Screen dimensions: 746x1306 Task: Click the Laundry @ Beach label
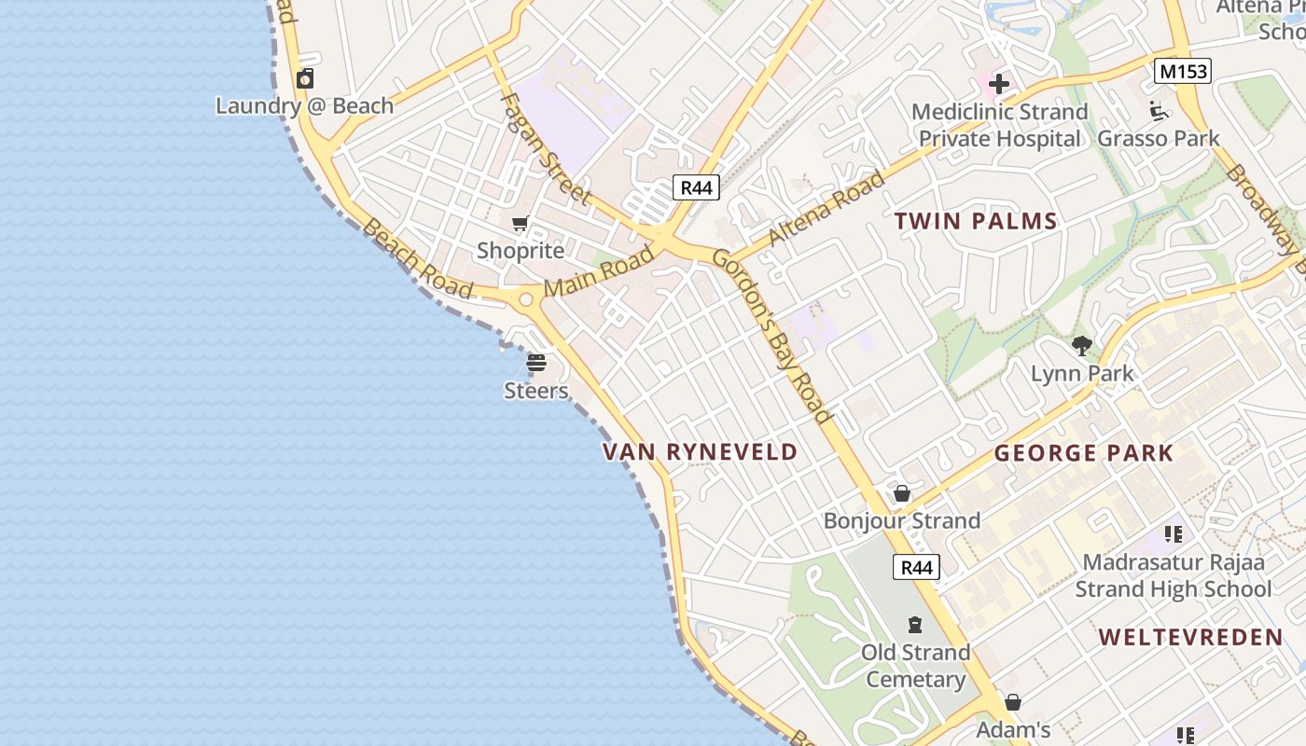click(305, 105)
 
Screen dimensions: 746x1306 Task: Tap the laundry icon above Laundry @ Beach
click(305, 78)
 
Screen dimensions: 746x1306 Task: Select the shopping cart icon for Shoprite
click(521, 224)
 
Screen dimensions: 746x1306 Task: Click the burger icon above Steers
click(536, 363)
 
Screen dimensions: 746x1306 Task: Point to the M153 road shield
click(1182, 71)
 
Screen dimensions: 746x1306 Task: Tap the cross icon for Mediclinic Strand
click(999, 85)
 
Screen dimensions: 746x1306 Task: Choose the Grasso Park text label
click(1158, 139)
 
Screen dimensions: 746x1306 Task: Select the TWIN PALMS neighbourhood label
click(976, 222)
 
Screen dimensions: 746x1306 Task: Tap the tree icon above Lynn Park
click(1082, 346)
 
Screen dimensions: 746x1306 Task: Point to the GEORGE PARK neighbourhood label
click(1083, 454)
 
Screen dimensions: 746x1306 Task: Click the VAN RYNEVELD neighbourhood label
click(700, 452)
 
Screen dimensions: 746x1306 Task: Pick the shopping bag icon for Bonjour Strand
click(902, 493)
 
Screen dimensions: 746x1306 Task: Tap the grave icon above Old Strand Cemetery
click(915, 625)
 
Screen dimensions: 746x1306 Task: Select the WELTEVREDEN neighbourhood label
click(1190, 638)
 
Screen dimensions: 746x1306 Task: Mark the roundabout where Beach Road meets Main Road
click(524, 299)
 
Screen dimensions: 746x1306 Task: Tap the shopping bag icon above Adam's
click(1013, 702)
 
